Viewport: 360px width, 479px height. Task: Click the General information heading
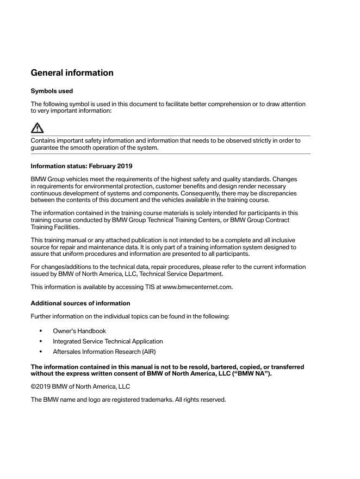click(x=72, y=73)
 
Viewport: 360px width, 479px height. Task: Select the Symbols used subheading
click(x=52, y=91)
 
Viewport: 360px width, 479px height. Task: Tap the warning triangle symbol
click(x=37, y=128)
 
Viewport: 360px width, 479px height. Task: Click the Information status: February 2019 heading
click(x=82, y=166)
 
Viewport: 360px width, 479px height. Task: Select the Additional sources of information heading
click(x=80, y=303)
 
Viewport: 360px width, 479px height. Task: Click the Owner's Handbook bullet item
click(x=79, y=331)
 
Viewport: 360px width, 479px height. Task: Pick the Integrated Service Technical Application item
click(x=108, y=341)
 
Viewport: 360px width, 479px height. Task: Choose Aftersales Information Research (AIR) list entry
click(x=104, y=352)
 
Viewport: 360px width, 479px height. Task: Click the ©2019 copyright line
click(x=80, y=386)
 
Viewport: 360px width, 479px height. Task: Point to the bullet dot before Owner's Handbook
click(x=41, y=331)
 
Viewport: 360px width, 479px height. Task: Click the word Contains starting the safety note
click(x=44, y=140)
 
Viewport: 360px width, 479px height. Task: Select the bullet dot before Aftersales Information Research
click(x=41, y=352)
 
